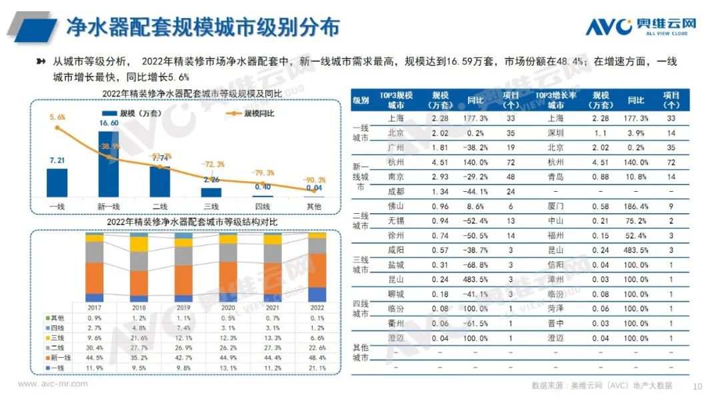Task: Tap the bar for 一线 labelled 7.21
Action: point(57,183)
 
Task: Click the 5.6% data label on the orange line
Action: point(57,117)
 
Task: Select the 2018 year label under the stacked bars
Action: point(139,308)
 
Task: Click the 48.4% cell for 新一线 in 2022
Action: point(317,358)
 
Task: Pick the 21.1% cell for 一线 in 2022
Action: point(317,368)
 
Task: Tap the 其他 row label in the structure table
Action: point(57,318)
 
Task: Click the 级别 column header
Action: point(361,101)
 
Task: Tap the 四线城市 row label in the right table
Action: point(361,308)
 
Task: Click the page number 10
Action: point(698,386)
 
